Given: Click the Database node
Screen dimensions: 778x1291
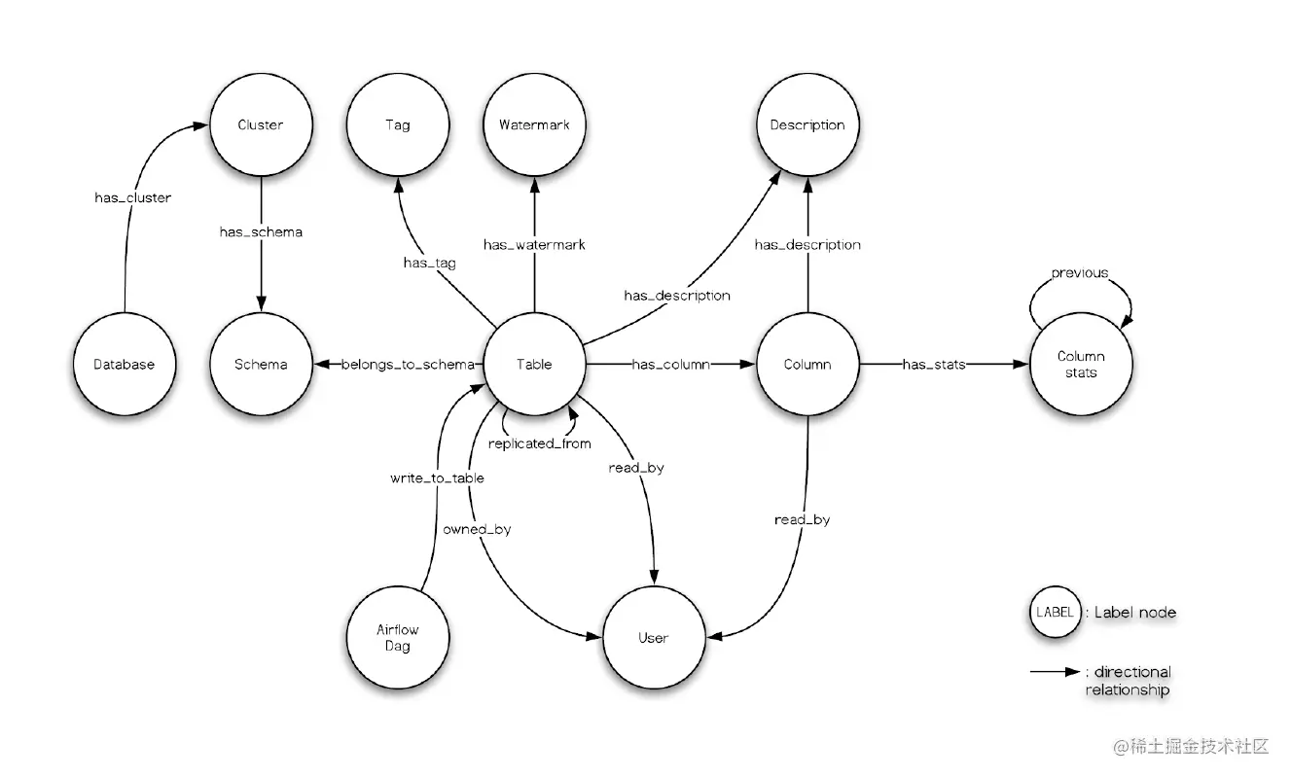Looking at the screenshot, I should (x=125, y=365).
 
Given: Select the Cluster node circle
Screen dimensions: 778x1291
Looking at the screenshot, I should (x=260, y=125).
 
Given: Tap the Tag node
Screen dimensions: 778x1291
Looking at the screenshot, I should (x=397, y=125).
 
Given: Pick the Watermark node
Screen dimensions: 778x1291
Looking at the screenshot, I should (x=534, y=125).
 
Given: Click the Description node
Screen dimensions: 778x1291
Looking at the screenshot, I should (x=807, y=125).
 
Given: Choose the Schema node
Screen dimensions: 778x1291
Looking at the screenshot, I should (x=261, y=365).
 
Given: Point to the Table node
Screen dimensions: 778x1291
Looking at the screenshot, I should (x=534, y=365).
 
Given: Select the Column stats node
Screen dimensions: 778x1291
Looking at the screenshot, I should (x=1081, y=365).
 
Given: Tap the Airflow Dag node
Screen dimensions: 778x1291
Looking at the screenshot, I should (x=397, y=638).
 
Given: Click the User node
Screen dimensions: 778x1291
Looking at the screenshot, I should (x=653, y=638).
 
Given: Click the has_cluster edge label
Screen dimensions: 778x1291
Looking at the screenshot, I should (x=132, y=198).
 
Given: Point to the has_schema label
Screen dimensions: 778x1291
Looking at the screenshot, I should (x=260, y=232).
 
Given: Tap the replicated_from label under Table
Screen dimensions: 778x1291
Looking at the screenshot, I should (x=538, y=443).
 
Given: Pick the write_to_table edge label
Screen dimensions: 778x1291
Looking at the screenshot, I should (x=437, y=478).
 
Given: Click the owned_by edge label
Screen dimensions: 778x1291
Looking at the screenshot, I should (x=477, y=530).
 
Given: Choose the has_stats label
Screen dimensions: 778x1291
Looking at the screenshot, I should (x=934, y=365).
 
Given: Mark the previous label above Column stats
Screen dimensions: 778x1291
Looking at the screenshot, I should (x=1079, y=273).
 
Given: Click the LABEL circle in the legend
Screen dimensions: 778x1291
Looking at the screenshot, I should (x=1055, y=613).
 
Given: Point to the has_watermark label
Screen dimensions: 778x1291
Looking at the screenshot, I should (x=534, y=245).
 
